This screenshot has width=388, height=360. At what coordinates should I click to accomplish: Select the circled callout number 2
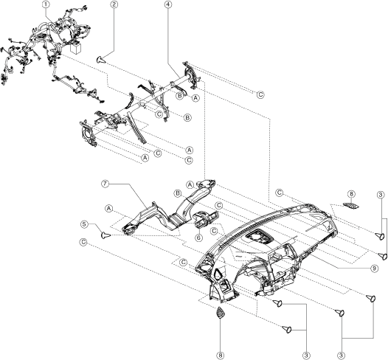pyautogui.click(x=114, y=4)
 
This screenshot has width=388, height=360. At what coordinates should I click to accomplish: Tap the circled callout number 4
pyautogui.click(x=167, y=4)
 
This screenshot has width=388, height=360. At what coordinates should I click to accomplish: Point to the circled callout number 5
pyautogui.click(x=84, y=224)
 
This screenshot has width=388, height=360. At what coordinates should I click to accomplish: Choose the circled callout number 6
pyautogui.click(x=198, y=238)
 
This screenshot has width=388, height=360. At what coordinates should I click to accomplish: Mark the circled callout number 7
pyautogui.click(x=105, y=184)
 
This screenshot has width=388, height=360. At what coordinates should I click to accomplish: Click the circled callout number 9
pyautogui.click(x=374, y=268)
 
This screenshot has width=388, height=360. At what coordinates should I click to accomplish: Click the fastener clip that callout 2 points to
pyautogui.click(x=100, y=60)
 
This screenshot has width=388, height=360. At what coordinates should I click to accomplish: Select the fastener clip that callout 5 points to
pyautogui.click(x=105, y=235)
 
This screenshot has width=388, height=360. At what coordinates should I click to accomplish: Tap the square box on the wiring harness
pyautogui.click(x=76, y=48)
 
